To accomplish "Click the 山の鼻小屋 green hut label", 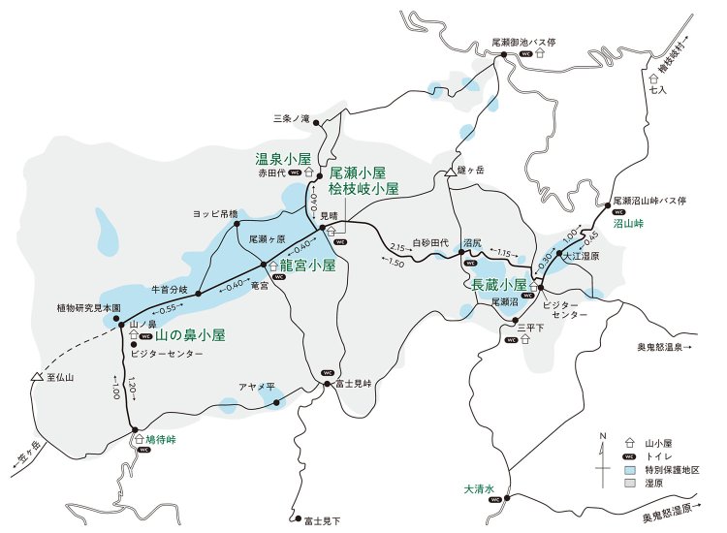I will [190, 335].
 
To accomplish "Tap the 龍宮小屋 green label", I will [307, 264].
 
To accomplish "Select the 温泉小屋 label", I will [282, 158].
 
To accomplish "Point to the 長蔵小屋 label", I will [498, 286].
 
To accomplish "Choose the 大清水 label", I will [480, 488].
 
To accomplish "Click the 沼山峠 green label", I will [629, 223].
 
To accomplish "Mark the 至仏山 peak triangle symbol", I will [36, 377].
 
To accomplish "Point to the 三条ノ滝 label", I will [290, 118].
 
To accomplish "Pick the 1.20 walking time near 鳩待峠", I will [133, 384].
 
